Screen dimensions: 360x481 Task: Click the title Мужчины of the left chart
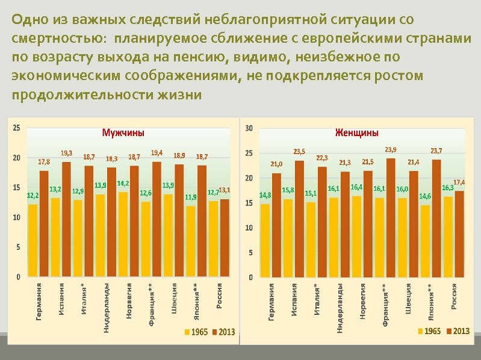[123, 132]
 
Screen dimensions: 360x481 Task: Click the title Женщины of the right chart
[356, 132]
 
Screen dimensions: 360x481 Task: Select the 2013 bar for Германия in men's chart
[44, 223]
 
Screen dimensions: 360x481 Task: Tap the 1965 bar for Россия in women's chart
[448, 236]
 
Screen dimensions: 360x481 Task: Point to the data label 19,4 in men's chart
[157, 153]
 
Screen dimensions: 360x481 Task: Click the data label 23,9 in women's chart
[391, 149]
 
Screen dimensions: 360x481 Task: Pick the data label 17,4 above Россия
[459, 182]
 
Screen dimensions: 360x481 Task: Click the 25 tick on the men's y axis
[16, 128]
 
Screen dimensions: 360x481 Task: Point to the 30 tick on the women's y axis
[249, 128]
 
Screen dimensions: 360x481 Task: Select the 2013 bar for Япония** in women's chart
[436, 218]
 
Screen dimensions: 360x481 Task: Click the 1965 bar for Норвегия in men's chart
[123, 234]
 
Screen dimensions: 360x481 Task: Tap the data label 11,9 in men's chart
[191, 197]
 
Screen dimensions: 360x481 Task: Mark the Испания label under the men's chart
[62, 299]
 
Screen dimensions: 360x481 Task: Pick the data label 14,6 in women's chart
[425, 196]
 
